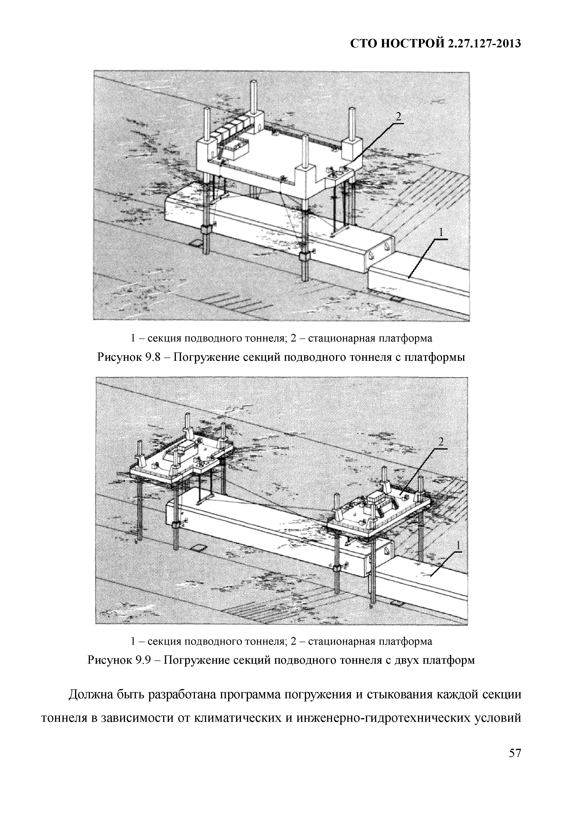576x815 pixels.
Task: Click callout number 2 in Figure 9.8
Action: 398,117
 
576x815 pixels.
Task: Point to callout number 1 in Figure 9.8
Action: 441,233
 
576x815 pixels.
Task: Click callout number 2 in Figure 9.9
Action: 441,442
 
